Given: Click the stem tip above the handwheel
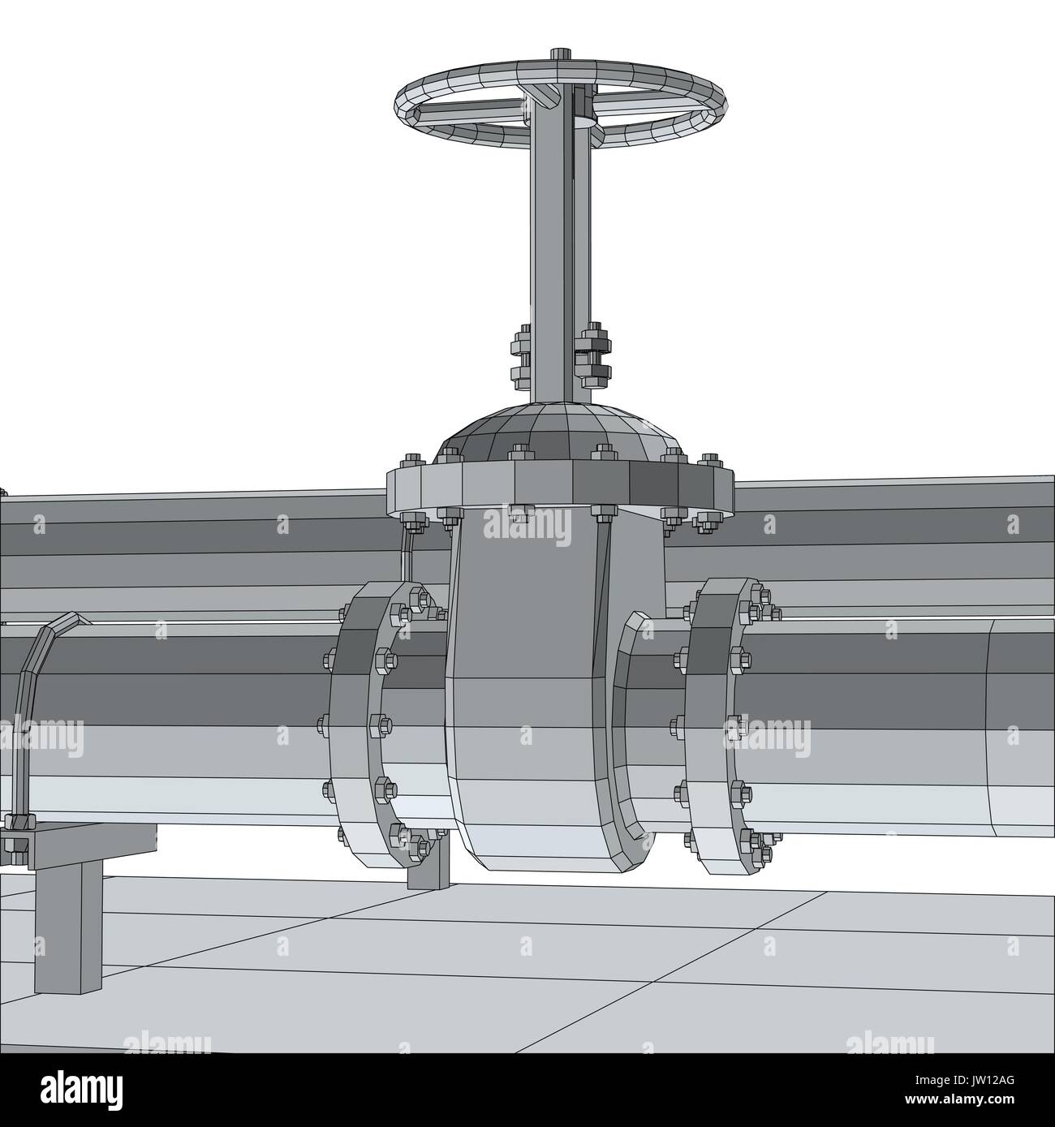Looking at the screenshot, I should point(560,54).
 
